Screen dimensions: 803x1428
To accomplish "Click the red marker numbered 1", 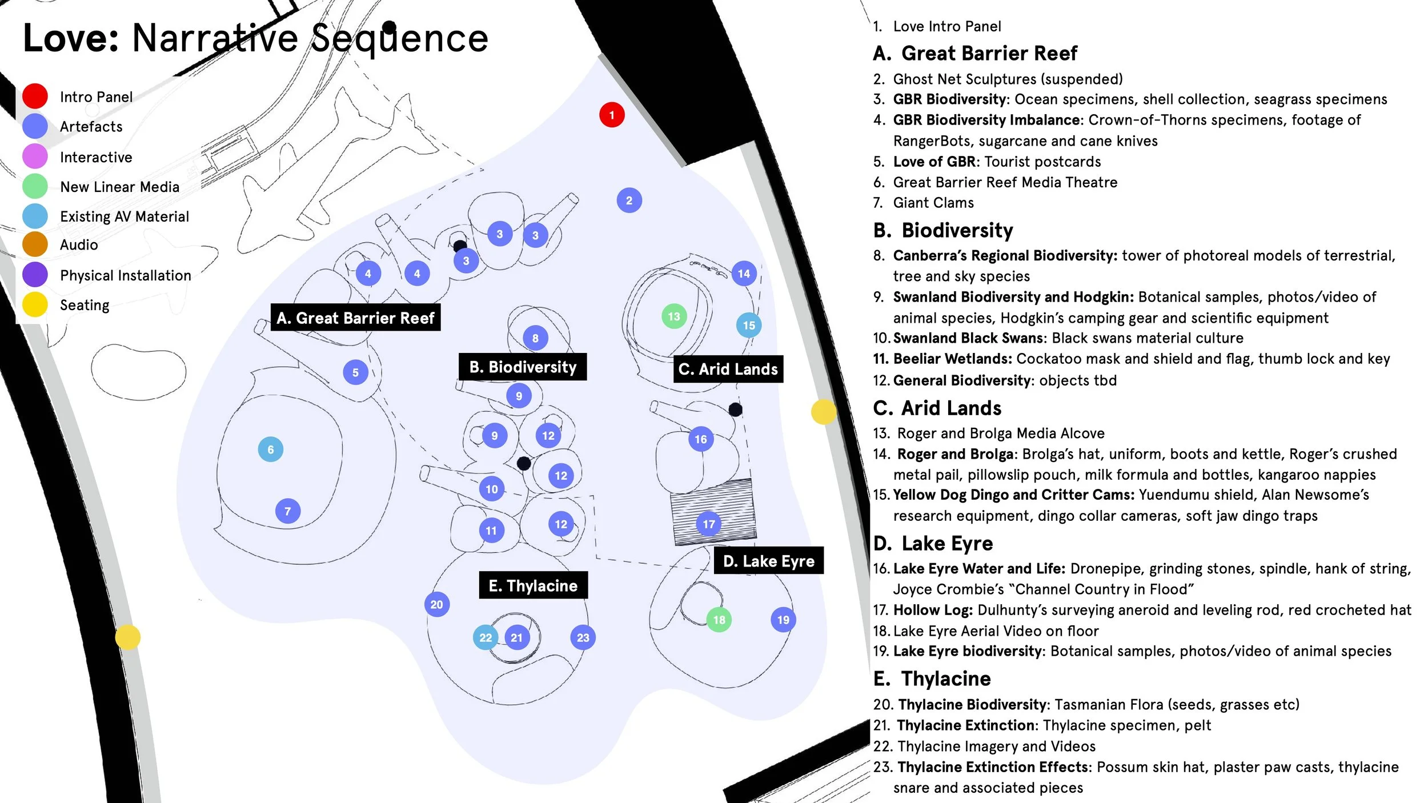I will (612, 115).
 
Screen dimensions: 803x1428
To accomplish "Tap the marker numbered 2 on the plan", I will (629, 200).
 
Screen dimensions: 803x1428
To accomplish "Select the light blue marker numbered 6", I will (271, 449).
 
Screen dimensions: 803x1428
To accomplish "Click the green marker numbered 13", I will (674, 316).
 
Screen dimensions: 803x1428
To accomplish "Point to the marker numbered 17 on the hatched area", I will (709, 524).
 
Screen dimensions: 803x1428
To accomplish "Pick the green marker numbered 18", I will (719, 620).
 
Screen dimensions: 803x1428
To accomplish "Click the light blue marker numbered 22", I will (486, 637).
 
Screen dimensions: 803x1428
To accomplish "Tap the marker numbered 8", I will (535, 338).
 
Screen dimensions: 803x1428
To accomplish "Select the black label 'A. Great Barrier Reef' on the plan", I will (355, 318).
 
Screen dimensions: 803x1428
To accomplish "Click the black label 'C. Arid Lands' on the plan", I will (728, 369).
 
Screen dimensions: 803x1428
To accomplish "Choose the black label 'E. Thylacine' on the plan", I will (533, 585).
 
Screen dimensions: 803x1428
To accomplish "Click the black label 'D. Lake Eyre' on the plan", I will (769, 561).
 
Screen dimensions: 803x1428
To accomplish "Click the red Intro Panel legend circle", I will (35, 96).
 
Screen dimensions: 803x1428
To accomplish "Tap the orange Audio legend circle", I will (35, 244).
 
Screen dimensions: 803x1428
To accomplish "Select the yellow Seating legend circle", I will (35, 304).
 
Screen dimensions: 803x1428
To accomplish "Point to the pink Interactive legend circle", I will (35, 156).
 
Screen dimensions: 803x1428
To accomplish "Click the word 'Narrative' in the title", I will (215, 38).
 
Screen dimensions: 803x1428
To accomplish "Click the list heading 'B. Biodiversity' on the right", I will (943, 230).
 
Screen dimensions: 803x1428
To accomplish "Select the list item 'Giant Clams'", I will (933, 203).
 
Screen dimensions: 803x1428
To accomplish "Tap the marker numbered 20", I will (437, 604).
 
